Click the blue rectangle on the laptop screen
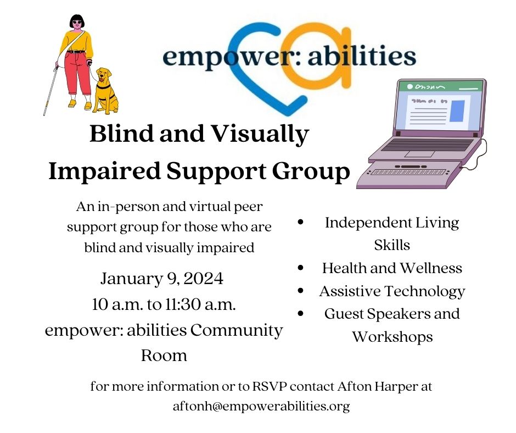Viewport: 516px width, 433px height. [457, 110]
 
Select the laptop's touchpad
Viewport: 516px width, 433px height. [419, 154]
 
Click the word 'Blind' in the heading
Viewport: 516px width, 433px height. [121, 134]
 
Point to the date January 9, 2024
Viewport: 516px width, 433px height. [161, 279]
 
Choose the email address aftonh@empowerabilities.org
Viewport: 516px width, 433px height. [261, 407]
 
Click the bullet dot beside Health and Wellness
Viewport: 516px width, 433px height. [301, 268]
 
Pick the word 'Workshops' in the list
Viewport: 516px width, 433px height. [392, 336]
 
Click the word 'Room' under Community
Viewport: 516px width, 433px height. [164, 355]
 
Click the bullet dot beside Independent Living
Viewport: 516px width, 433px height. [301, 223]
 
